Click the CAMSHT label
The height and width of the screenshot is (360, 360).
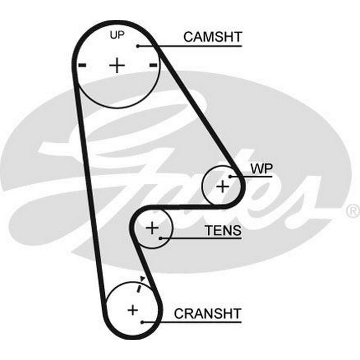213,37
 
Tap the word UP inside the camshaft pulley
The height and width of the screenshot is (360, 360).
117,36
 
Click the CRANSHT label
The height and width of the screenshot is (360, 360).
208,313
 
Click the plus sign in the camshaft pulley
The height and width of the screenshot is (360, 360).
117,66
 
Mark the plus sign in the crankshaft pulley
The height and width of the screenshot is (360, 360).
133,310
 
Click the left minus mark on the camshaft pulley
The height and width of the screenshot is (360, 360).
82,65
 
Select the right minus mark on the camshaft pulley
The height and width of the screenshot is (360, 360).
153,65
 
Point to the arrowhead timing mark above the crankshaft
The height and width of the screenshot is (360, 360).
143,278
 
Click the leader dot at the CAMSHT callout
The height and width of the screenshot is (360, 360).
138,46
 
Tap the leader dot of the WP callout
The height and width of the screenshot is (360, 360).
229,176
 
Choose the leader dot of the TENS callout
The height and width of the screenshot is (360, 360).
160,238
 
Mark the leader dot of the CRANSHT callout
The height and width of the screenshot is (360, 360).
143,322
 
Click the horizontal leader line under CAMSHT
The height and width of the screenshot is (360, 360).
202,46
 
